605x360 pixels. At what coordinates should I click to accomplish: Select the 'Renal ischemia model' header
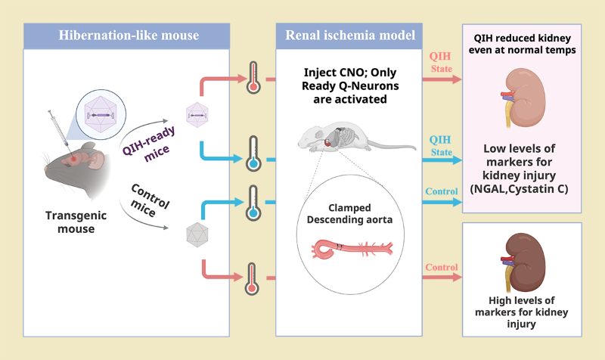point(350,36)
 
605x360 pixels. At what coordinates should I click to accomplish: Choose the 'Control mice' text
point(150,200)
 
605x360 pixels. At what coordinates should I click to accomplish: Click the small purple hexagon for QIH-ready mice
point(197,116)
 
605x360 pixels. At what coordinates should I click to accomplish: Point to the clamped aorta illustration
point(349,248)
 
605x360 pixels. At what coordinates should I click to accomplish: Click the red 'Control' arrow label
point(441,267)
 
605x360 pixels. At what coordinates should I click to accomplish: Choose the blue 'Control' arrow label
point(441,192)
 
